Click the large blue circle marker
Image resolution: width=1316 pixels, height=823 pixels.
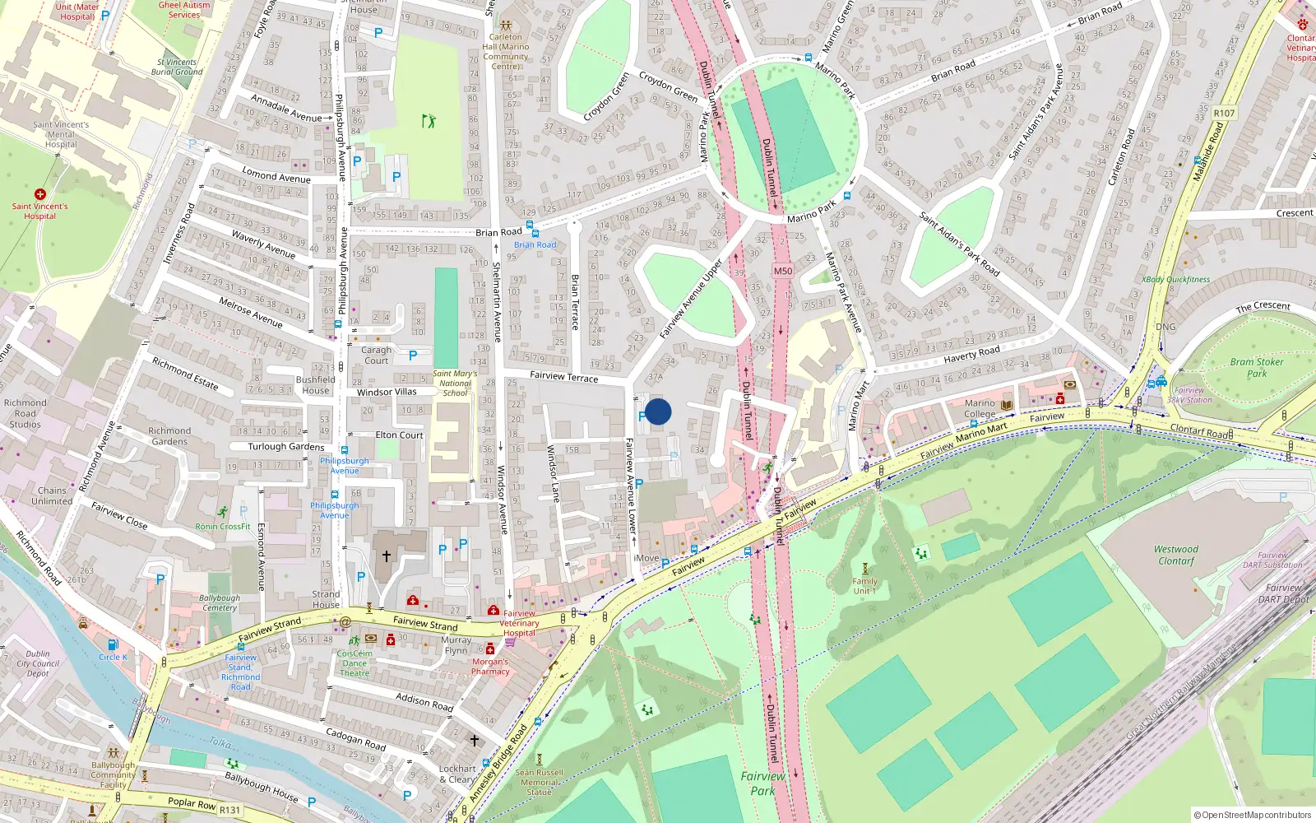coord(658,411)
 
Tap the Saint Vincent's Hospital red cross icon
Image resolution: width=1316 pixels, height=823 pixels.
coord(39,194)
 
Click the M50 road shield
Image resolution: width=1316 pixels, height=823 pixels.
coord(782,271)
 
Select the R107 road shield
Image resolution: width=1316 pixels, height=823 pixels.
coord(1224,114)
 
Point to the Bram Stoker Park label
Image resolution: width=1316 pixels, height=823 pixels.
coord(1256,367)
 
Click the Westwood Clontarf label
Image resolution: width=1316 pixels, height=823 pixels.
coord(1175,555)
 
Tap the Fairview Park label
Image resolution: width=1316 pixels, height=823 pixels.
coord(762,783)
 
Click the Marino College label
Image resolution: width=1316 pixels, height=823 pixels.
coord(980,409)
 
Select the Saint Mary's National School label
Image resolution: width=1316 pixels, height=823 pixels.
coord(455,383)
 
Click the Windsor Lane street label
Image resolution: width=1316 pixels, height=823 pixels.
coord(553,473)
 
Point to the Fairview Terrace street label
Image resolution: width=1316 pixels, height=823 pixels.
coord(563,376)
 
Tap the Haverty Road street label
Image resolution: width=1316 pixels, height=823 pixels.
coord(971,354)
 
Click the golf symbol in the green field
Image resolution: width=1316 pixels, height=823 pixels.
coord(428,121)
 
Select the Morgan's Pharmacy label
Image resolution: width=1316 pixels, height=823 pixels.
coord(490,666)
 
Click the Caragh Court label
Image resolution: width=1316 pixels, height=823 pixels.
coord(376,355)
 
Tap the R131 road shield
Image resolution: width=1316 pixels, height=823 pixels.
coord(229,810)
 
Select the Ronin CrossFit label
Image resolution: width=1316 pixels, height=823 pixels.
coord(222,526)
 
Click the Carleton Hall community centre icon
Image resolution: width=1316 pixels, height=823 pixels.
coord(505,26)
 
